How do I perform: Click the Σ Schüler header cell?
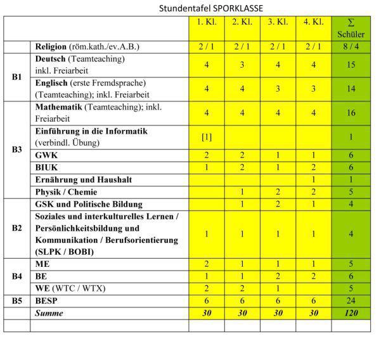(350, 29)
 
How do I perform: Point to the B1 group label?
(17, 77)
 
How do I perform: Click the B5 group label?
(17, 300)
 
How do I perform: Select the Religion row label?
(87, 46)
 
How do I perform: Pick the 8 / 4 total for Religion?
(350, 46)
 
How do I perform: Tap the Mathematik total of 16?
(350, 113)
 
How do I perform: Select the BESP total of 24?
(350, 300)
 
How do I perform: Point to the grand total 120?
(350, 312)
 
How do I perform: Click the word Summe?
(51, 312)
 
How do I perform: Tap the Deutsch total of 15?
(350, 65)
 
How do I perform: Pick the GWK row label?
(46, 155)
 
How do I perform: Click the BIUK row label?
(48, 167)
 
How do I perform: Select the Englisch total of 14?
(350, 89)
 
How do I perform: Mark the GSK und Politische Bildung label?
(89, 204)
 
